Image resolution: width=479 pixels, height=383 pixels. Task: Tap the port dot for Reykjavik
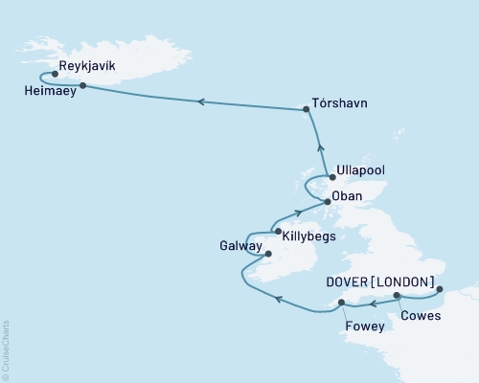[56, 74]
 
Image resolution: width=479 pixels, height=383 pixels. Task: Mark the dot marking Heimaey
[83, 86]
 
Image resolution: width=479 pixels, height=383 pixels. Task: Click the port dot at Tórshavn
[306, 110]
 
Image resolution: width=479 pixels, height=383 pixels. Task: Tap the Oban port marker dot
[328, 202]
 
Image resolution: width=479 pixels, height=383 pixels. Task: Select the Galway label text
[239, 246]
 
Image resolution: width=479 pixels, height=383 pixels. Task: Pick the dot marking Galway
[268, 255]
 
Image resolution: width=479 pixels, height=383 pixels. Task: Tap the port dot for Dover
[439, 288]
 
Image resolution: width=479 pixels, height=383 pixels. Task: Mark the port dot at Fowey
[340, 303]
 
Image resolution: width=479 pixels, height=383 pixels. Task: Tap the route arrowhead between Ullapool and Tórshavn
[321, 147]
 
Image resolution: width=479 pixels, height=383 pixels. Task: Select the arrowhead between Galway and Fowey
[277, 300]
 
